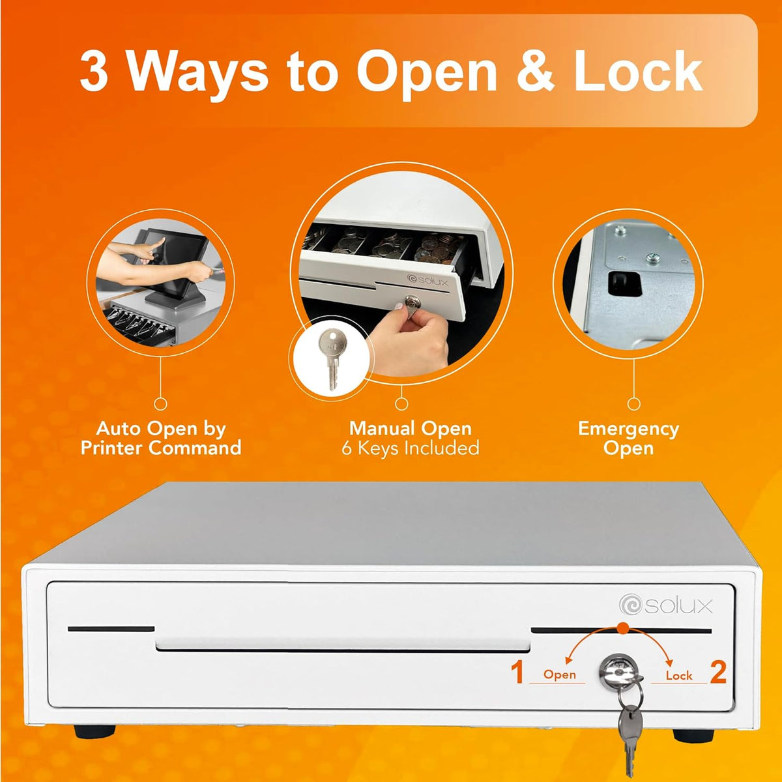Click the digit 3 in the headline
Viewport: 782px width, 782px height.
coord(94,72)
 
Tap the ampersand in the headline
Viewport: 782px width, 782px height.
coord(534,72)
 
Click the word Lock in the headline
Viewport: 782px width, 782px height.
coord(638,72)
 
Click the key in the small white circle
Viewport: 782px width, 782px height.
coord(332,358)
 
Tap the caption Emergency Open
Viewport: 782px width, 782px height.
coord(628,439)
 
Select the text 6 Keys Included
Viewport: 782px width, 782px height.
coord(411,448)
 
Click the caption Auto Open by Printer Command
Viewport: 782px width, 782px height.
coord(161,439)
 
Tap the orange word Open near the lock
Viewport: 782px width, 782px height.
coord(559,675)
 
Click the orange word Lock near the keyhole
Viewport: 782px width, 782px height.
coord(679,676)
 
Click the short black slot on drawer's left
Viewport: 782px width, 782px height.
coord(111,629)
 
